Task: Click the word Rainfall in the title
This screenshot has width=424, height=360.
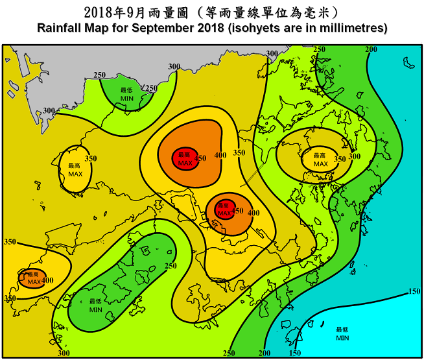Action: [60, 29]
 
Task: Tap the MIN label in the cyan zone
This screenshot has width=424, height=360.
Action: [343, 338]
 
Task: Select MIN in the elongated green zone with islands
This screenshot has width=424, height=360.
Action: [96, 310]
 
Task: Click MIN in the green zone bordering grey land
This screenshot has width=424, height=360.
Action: [127, 99]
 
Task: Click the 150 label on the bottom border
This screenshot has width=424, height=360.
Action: [294, 353]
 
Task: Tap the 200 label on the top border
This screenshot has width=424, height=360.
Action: [371, 49]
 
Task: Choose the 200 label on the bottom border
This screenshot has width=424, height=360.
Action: [265, 353]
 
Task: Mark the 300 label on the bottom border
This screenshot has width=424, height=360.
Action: [63, 353]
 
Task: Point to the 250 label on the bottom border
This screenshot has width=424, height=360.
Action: [229, 353]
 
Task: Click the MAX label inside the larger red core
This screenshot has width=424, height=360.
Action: [185, 163]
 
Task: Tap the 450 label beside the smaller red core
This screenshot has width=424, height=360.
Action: [238, 211]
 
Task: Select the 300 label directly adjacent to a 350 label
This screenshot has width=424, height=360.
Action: [355, 156]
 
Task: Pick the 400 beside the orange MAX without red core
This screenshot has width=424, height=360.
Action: [47, 280]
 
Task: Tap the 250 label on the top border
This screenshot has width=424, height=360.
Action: [320, 49]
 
